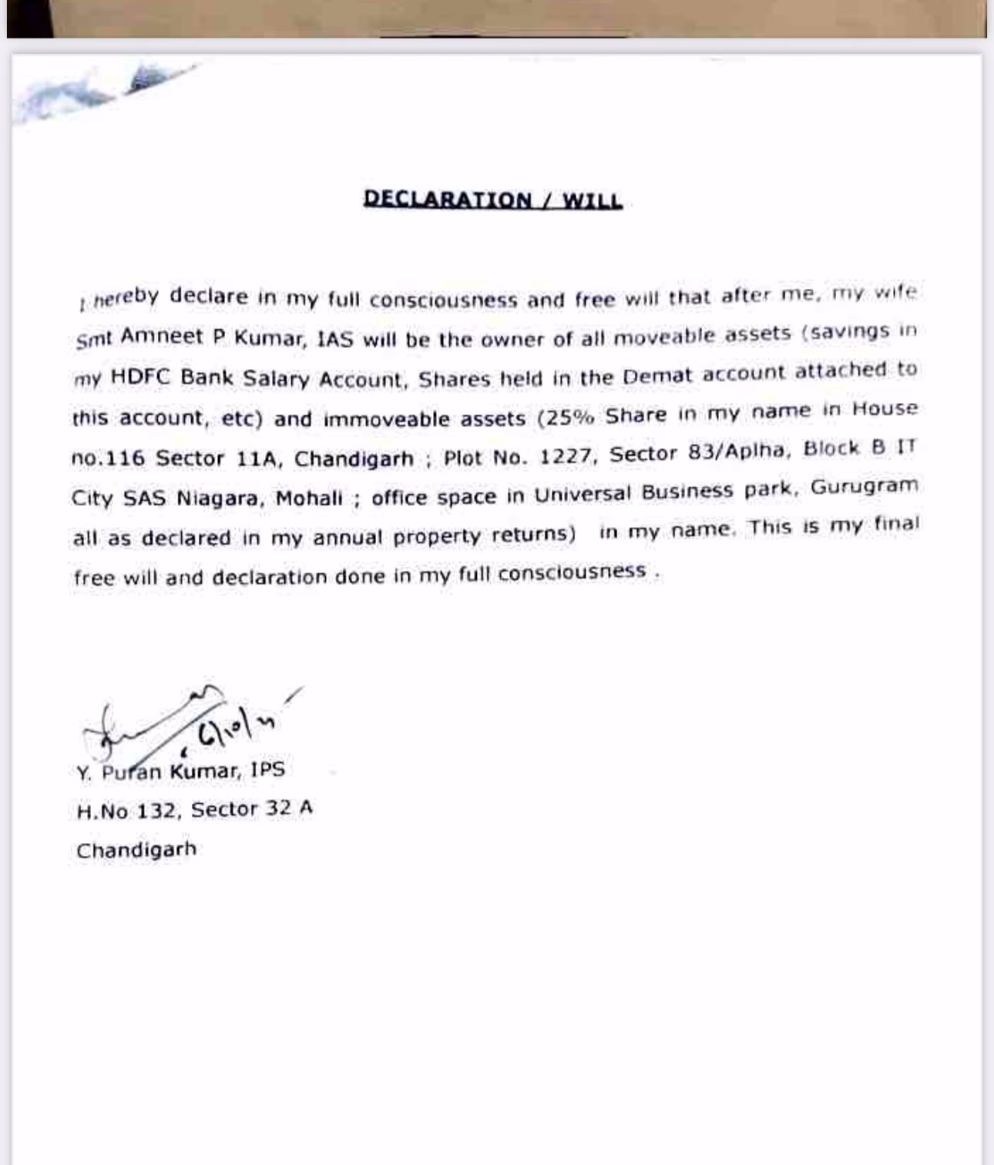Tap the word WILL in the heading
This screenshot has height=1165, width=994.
[592, 200]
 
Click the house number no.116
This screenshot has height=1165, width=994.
[108, 458]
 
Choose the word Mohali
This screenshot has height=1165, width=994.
[308, 498]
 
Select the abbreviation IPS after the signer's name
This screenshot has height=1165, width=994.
[267, 770]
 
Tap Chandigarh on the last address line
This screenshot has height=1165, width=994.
[136, 851]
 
